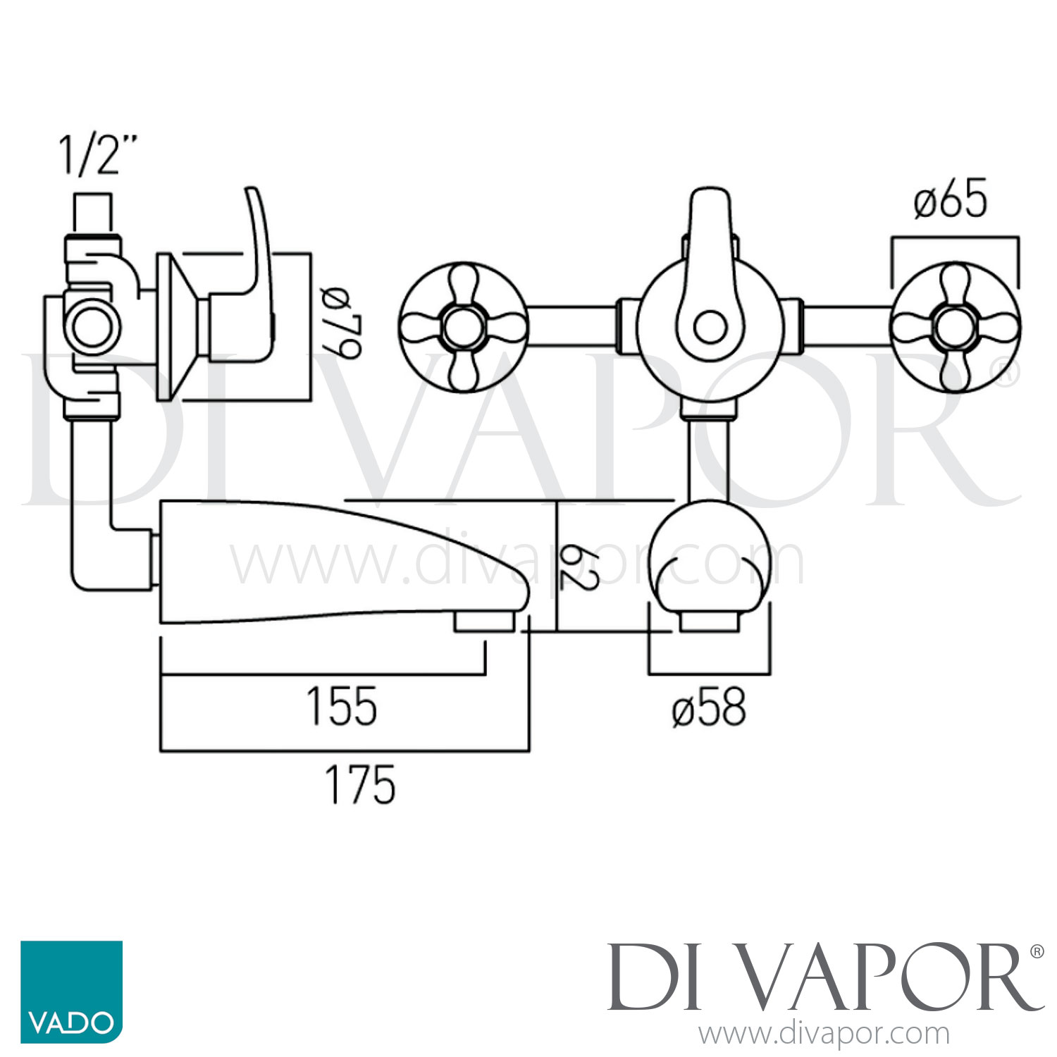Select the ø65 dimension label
pos(951,201)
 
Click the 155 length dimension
pos(342,706)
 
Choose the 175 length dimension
pos(360,785)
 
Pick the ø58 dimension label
pos(709,707)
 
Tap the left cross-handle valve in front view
pos(463,328)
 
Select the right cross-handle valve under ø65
pos(955,328)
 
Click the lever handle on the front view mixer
pos(710,275)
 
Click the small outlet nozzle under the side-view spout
pos(483,622)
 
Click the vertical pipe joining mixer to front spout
pos(709,458)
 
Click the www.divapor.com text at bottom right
pos(824,1034)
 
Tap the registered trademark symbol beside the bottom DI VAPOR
pos(1037,952)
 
